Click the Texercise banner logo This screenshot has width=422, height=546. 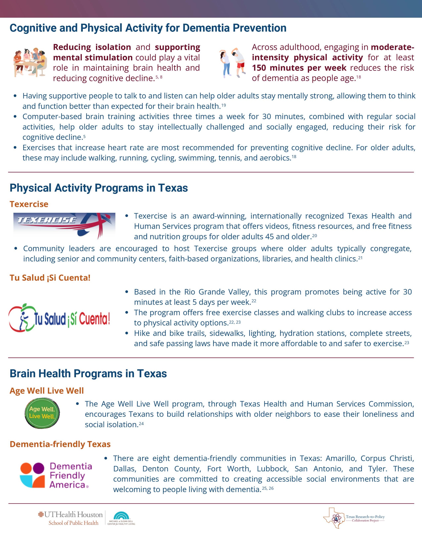point(64,225)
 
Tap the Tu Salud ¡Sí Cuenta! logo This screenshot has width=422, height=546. point(59,318)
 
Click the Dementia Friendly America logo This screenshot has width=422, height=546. point(56,475)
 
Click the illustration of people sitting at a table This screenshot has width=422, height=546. point(30,62)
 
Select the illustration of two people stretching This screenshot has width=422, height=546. point(232,62)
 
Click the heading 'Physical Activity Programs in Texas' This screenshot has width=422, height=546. point(99,188)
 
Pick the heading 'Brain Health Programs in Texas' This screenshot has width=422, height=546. point(88,373)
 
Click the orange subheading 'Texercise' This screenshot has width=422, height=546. point(29,204)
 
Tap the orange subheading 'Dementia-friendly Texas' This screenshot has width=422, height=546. point(60,444)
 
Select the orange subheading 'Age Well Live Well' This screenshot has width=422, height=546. point(47,391)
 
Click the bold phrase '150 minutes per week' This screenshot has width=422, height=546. point(299,68)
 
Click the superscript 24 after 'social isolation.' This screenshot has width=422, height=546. point(141,424)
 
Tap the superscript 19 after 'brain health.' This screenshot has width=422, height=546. point(223,105)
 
